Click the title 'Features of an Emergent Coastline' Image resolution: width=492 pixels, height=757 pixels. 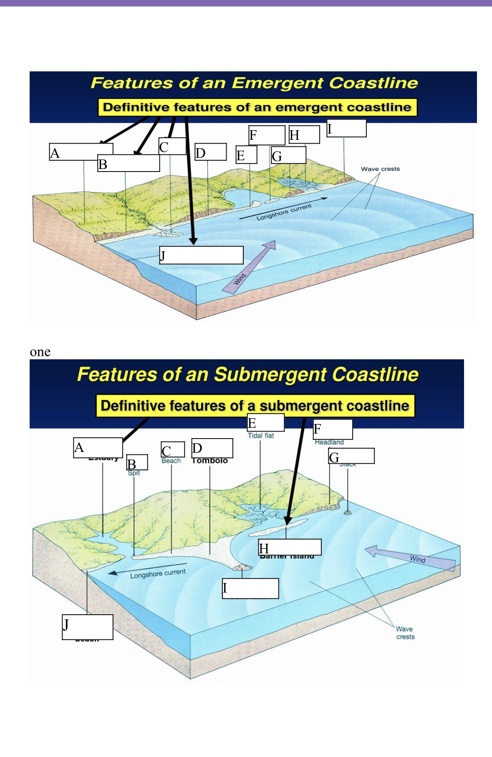tap(254, 83)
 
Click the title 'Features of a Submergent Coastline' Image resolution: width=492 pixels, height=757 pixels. tap(247, 374)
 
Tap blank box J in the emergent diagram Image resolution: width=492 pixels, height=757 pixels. tap(202, 255)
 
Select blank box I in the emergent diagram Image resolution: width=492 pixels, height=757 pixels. tap(346, 128)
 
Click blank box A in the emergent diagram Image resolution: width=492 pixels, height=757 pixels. tap(81, 152)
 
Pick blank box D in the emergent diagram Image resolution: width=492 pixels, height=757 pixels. tap(211, 152)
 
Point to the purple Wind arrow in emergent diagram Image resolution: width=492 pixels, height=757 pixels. tap(249, 267)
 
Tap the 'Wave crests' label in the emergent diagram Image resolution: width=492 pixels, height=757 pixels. tap(380, 169)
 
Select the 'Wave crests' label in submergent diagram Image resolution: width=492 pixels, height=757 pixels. tap(405, 633)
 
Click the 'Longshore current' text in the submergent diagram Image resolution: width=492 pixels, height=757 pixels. tap(158, 574)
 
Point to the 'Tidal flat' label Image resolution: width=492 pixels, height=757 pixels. tap(261, 436)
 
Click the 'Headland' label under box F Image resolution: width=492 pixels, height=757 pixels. tap(329, 442)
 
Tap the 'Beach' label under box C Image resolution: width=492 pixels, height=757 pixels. tap(171, 461)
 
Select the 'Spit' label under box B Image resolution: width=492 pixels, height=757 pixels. tap(134, 473)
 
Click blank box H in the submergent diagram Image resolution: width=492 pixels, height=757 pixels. tap(290, 547)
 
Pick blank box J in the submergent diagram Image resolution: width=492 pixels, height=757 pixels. tap(88, 627)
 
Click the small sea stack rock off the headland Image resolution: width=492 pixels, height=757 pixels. tap(347, 512)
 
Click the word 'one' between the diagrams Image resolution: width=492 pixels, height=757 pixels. tap(40, 352)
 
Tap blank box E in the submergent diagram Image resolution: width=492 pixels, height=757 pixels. tap(266, 422)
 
